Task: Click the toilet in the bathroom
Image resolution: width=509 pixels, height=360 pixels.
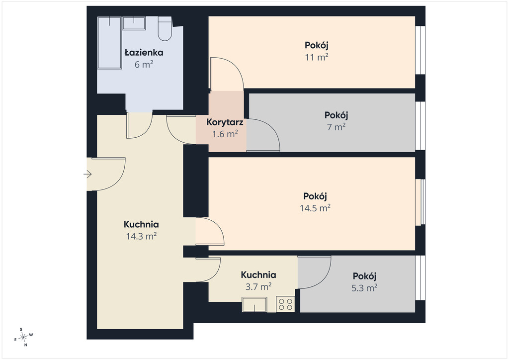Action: tap(165, 29)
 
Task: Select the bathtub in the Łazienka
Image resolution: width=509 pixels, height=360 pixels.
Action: tap(109, 43)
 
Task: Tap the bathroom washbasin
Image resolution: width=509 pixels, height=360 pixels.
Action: tap(134, 23)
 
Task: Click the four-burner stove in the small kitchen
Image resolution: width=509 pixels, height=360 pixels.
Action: tap(285, 304)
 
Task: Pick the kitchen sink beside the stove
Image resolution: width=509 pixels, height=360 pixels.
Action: tap(254, 305)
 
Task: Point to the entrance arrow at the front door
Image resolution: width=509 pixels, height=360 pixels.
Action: tap(87, 175)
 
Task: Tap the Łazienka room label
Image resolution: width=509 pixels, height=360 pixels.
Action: tap(144, 53)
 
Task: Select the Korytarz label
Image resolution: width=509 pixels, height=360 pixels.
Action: tap(225, 122)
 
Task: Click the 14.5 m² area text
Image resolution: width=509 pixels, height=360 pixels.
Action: tap(315, 208)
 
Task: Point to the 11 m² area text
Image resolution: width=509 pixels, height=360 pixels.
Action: tap(316, 57)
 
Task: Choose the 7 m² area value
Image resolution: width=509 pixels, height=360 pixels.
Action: tap(336, 127)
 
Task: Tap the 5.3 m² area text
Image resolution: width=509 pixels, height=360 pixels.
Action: tap(364, 287)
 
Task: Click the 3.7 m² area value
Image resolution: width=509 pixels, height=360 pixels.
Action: tap(258, 286)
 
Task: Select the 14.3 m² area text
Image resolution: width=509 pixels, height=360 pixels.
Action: tap(141, 236)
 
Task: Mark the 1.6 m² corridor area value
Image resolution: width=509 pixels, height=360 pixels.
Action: tap(225, 134)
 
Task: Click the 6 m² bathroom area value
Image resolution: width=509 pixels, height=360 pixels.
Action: tap(144, 64)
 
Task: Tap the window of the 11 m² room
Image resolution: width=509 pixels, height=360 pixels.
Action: tap(421, 50)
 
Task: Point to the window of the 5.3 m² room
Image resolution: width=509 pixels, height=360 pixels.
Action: tap(421, 278)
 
